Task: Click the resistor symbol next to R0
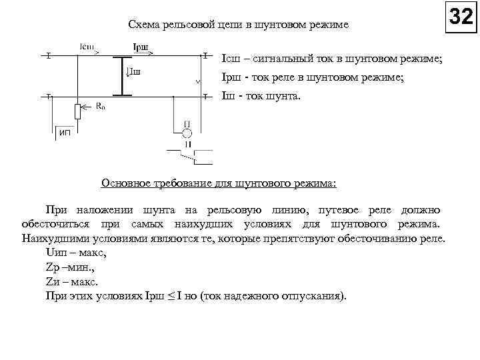coord(78,111)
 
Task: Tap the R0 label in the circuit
coord(100,105)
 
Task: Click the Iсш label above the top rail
coord(88,47)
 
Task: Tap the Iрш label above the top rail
coord(141,47)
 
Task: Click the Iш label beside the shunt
coord(134,72)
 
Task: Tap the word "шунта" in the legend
coord(285,96)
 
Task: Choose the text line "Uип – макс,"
coord(75,253)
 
